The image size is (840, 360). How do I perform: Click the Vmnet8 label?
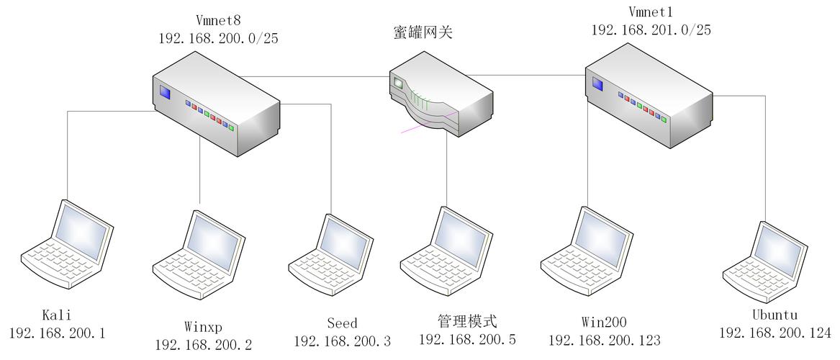click(x=219, y=21)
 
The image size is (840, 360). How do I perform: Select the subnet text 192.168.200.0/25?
click(x=219, y=39)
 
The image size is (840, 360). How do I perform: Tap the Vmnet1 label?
click(x=651, y=12)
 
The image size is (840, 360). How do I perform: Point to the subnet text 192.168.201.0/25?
click(x=651, y=30)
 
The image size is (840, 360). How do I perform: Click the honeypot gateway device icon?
click(x=441, y=94)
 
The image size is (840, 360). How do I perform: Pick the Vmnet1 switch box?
click(x=649, y=95)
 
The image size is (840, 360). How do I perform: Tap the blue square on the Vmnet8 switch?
click(x=165, y=93)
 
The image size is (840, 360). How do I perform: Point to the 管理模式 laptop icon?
click(x=446, y=250)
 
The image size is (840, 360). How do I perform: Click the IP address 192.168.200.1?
click(x=58, y=333)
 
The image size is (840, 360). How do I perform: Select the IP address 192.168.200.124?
click(x=774, y=333)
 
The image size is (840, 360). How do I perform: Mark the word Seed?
click(x=343, y=323)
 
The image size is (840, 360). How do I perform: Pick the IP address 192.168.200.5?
click(x=467, y=339)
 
